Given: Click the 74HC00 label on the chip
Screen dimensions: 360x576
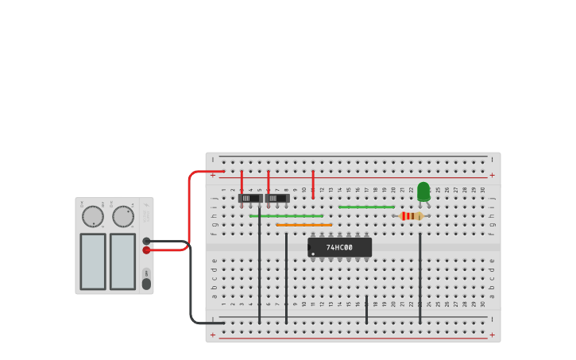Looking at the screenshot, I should point(339,248).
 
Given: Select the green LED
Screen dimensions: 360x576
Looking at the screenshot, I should point(423,192).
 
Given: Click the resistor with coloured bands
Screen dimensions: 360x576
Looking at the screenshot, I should point(412,216).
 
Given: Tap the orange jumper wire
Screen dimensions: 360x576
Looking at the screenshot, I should point(303,225).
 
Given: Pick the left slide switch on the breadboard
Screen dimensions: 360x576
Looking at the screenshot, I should point(249,198).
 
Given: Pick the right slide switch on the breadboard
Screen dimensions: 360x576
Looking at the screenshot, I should point(276,198).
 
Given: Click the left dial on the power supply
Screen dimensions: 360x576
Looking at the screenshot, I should point(93,216).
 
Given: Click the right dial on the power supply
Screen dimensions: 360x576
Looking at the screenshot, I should point(123,216).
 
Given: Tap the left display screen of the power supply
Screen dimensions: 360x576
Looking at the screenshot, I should point(93,261).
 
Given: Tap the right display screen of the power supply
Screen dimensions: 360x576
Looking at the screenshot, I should point(123,261).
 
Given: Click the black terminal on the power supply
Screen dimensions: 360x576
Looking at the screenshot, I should point(147,241).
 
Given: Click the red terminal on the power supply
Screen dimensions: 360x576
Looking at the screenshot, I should point(147,250).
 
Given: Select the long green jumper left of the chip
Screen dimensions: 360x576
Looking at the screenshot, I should point(286,216).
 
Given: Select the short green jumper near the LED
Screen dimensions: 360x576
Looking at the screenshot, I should point(366,207).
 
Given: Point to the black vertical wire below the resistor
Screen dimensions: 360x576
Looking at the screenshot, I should point(420,278).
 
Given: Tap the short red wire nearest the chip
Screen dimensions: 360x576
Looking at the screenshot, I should point(313,184).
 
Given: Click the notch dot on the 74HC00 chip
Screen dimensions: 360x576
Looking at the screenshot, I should point(313,254).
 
